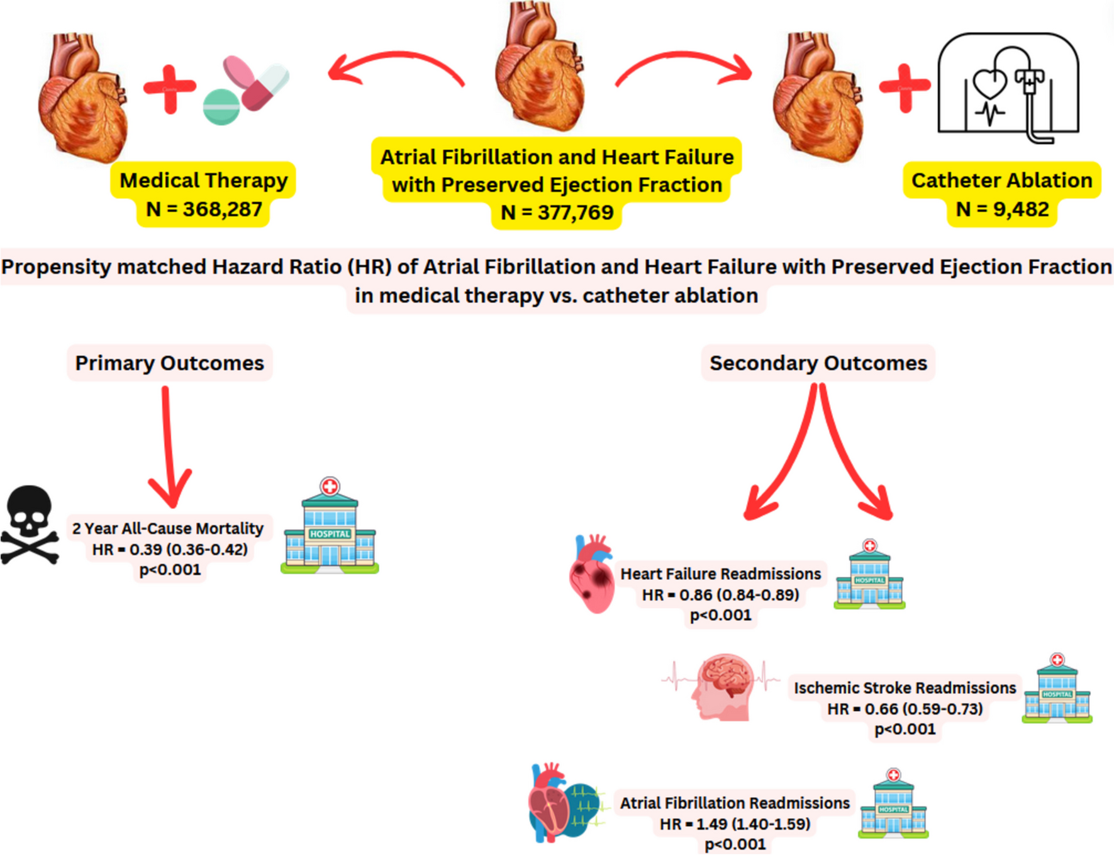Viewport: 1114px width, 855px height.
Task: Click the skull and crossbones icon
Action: click(30, 525)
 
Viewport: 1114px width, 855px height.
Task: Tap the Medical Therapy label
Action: click(204, 181)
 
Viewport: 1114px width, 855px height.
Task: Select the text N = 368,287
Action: click(204, 209)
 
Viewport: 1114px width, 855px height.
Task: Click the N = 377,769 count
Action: click(557, 213)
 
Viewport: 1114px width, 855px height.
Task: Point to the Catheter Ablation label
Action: click(1001, 181)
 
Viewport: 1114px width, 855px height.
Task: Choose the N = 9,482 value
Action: click(1002, 209)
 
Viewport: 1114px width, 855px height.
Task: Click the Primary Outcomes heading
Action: click(169, 363)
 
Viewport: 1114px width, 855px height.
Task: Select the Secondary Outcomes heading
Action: click(818, 363)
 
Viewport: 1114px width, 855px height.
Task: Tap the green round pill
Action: click(221, 106)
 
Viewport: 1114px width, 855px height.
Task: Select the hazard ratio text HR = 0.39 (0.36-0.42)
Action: click(170, 550)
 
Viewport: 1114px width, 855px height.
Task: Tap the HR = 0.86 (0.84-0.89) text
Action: click(720, 595)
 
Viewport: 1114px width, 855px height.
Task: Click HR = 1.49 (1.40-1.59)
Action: click(735, 824)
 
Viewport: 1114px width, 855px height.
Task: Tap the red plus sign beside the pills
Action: click(169, 88)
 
